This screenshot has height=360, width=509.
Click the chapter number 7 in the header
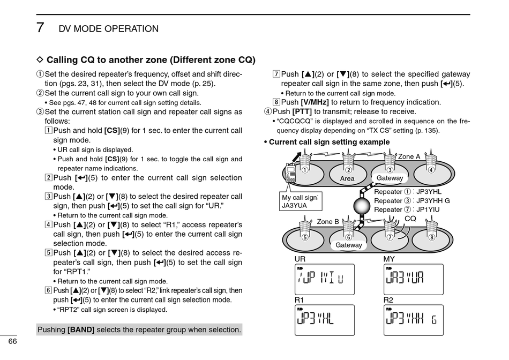pos(40,28)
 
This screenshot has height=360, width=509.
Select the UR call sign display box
pos(324,279)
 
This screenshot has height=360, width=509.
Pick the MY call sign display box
pos(413,279)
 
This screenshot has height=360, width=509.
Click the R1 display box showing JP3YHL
pos(324,320)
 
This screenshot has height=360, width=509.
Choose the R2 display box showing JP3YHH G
pos(413,320)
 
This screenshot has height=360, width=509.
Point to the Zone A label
pos(409,156)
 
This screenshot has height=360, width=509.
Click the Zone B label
pos(328,221)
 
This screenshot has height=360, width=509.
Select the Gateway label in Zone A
pos(390,178)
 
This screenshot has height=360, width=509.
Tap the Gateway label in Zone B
pos(348,245)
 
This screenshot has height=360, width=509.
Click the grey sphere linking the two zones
pos(362,206)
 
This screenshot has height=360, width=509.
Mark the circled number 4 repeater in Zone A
pos(431,170)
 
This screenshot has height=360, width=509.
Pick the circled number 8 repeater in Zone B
pos(431,237)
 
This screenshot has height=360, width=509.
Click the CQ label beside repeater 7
pos(410,219)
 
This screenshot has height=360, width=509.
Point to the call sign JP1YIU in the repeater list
pos(428,209)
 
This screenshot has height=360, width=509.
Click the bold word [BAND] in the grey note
pos(81,329)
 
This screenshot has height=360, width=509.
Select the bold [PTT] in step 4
pos(301,111)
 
